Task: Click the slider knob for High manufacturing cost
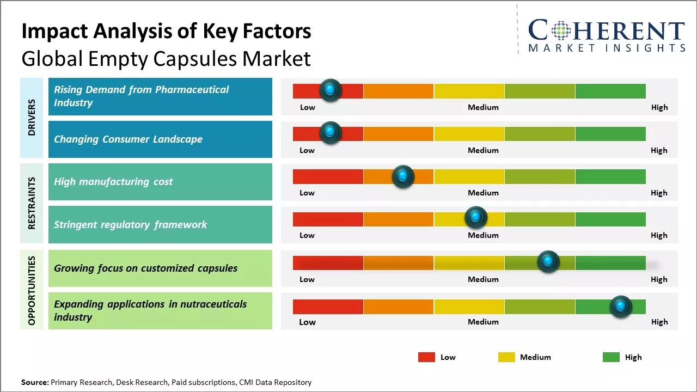tap(403, 176)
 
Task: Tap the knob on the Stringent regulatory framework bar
tap(476, 218)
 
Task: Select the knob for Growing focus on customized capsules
tap(548, 262)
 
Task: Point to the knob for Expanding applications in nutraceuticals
tap(621, 307)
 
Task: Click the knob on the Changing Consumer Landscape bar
tap(331, 132)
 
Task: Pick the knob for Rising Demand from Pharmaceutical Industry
tap(331, 90)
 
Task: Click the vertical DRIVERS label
tap(32, 118)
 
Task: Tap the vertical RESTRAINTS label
tap(32, 203)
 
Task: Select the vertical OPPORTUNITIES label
tap(32, 290)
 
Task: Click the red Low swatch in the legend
tap(426, 357)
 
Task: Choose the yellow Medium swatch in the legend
tap(506, 357)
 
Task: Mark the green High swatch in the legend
tap(611, 357)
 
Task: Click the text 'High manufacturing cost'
tap(113, 182)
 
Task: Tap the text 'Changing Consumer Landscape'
tap(128, 139)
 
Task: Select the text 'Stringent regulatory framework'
tap(130, 224)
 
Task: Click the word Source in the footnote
tap(34, 383)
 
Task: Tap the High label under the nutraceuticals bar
tap(659, 322)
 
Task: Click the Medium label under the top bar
tap(483, 107)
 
